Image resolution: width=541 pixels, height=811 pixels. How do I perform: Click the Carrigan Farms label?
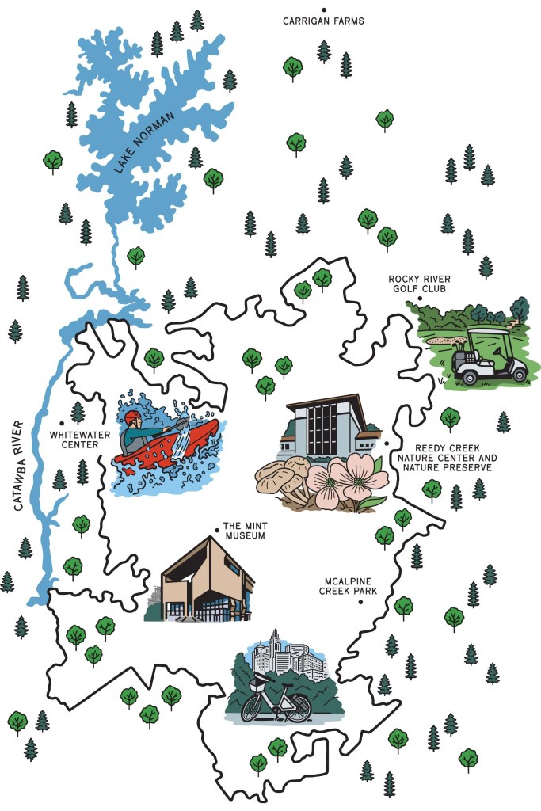[x=323, y=21]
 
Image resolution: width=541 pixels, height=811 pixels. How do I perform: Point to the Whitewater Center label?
[x=74, y=440]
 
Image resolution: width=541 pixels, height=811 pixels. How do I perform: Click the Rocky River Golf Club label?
[x=418, y=284]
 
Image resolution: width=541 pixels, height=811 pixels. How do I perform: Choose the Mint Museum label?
[x=243, y=531]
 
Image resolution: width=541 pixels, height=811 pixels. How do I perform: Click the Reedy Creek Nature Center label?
[x=448, y=458]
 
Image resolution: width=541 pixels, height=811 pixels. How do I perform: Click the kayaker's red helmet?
[x=132, y=417]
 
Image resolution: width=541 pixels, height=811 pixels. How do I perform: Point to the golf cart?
[x=487, y=359]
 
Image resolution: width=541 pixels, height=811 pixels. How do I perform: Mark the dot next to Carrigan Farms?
[x=323, y=10]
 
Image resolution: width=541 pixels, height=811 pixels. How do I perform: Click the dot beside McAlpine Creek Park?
[x=360, y=602]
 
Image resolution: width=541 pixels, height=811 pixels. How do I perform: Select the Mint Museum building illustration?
[x=206, y=582]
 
